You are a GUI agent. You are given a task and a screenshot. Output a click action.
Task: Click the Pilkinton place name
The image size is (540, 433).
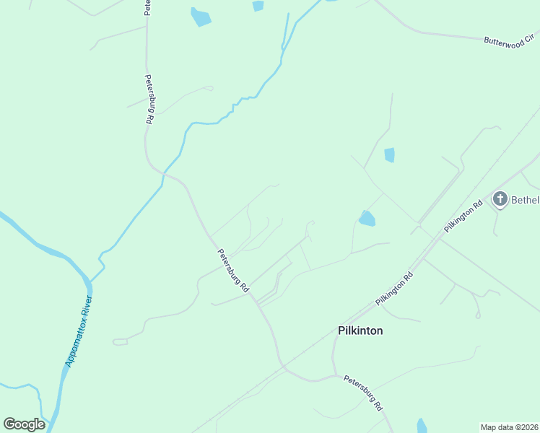click(360, 331)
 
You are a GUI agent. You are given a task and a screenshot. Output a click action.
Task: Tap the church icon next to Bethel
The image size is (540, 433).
click(500, 198)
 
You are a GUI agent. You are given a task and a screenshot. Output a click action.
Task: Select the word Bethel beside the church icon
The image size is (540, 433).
click(526, 199)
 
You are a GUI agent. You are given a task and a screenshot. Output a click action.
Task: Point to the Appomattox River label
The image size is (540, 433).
click(79, 331)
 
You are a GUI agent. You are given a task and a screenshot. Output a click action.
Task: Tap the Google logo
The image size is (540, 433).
click(24, 424)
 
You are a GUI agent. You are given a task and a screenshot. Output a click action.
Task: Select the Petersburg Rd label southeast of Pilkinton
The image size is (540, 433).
click(362, 393)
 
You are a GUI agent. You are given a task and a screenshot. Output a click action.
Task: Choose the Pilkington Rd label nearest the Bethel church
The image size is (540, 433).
click(463, 216)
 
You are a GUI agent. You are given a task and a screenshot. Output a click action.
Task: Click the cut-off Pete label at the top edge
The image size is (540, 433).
click(147, 7)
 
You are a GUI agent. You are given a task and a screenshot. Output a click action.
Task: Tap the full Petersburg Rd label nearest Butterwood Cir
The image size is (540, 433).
click(149, 100)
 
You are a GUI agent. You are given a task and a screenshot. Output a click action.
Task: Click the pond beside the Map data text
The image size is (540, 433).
click(422, 426)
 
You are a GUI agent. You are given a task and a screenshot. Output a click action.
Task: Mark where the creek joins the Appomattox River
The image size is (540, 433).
click(91, 276)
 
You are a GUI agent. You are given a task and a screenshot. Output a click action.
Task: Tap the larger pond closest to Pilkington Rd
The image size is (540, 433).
click(367, 218)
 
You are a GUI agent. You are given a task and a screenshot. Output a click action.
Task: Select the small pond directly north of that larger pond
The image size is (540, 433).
click(390, 154)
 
